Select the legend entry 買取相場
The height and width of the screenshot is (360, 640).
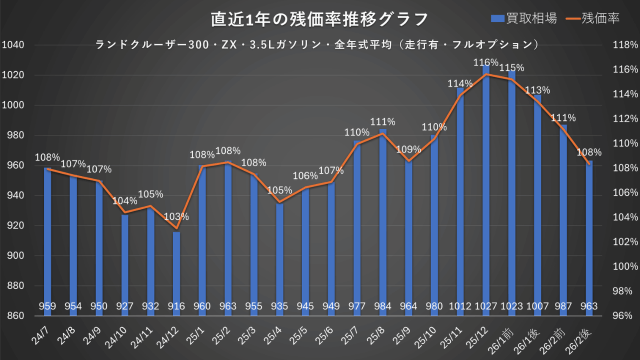tap(523, 18)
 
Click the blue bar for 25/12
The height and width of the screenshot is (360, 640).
tap(486, 200)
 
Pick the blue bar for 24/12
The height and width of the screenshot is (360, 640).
tap(176, 265)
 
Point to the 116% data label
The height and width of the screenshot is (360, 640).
tap(486, 62)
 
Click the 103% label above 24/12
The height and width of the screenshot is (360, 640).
tap(176, 217)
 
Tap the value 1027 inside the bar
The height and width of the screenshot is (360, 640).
tap(486, 306)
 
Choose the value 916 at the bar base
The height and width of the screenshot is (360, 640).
tap(176, 306)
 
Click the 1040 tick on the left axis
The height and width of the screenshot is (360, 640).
tap(13, 45)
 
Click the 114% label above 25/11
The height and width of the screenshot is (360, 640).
tap(460, 83)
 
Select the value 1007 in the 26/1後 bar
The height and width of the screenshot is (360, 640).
tap(537, 306)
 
